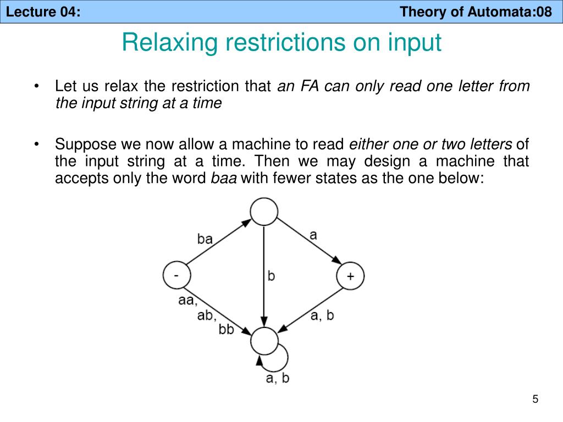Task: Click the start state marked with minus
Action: click(176, 275)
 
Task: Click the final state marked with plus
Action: click(350, 276)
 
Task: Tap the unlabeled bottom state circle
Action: click(264, 341)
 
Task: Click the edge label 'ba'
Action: click(205, 238)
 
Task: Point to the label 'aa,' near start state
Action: click(187, 301)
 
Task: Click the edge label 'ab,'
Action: click(207, 315)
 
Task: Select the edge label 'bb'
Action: click(227, 330)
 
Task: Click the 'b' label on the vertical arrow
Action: click(271, 275)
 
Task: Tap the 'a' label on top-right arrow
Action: click(313, 235)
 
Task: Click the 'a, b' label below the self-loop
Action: click(278, 378)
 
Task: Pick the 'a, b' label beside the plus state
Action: click(322, 315)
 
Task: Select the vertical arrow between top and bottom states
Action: click(264, 275)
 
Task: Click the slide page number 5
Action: click(535, 399)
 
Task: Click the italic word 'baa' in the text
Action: click(224, 179)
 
